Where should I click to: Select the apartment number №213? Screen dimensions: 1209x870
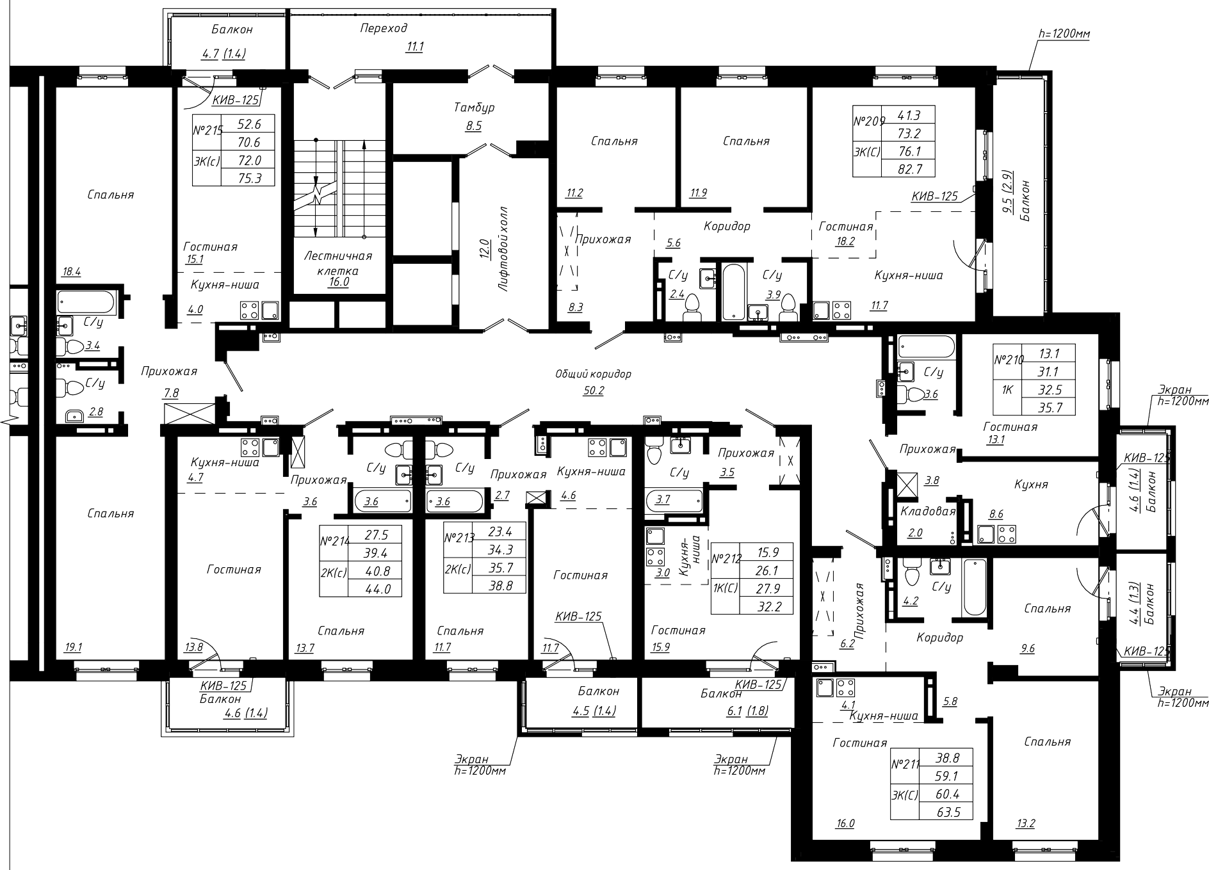[x=458, y=538]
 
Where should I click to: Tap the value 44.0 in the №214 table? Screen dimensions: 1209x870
[x=378, y=589]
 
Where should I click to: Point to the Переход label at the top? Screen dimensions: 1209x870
[x=384, y=28]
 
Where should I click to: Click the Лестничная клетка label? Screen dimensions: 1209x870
[x=339, y=263]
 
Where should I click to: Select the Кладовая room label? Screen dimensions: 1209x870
[x=928, y=512]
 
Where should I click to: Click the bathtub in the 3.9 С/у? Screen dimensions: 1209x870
[x=733, y=291]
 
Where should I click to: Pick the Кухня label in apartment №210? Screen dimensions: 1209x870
[x=1031, y=485]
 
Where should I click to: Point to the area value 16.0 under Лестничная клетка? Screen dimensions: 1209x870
[x=339, y=282]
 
